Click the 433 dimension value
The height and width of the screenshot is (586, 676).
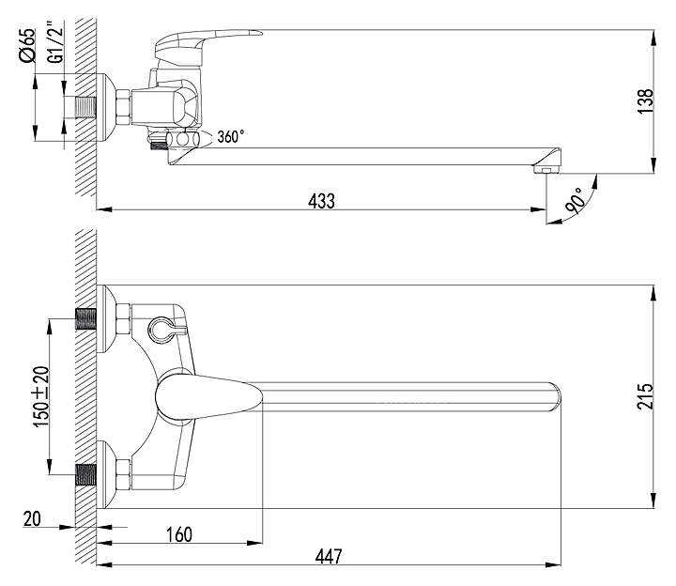click(321, 199)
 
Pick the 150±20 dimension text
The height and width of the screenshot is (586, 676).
click(39, 396)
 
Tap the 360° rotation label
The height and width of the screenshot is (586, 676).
click(230, 136)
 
